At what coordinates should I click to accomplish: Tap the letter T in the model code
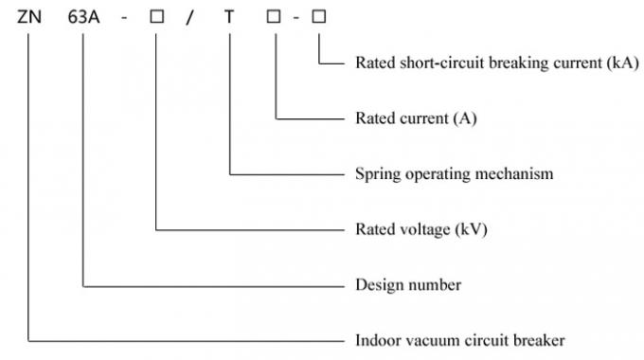228,16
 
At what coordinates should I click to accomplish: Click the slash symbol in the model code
189,16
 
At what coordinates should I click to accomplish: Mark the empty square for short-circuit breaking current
318,16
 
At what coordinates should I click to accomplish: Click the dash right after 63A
120,16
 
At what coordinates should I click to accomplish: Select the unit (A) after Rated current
466,119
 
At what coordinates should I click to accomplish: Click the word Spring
375,174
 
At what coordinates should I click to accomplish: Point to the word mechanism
519,174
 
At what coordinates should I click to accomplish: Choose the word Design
377,284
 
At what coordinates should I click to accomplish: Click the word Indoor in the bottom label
377,339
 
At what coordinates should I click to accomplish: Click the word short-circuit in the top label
434,63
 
